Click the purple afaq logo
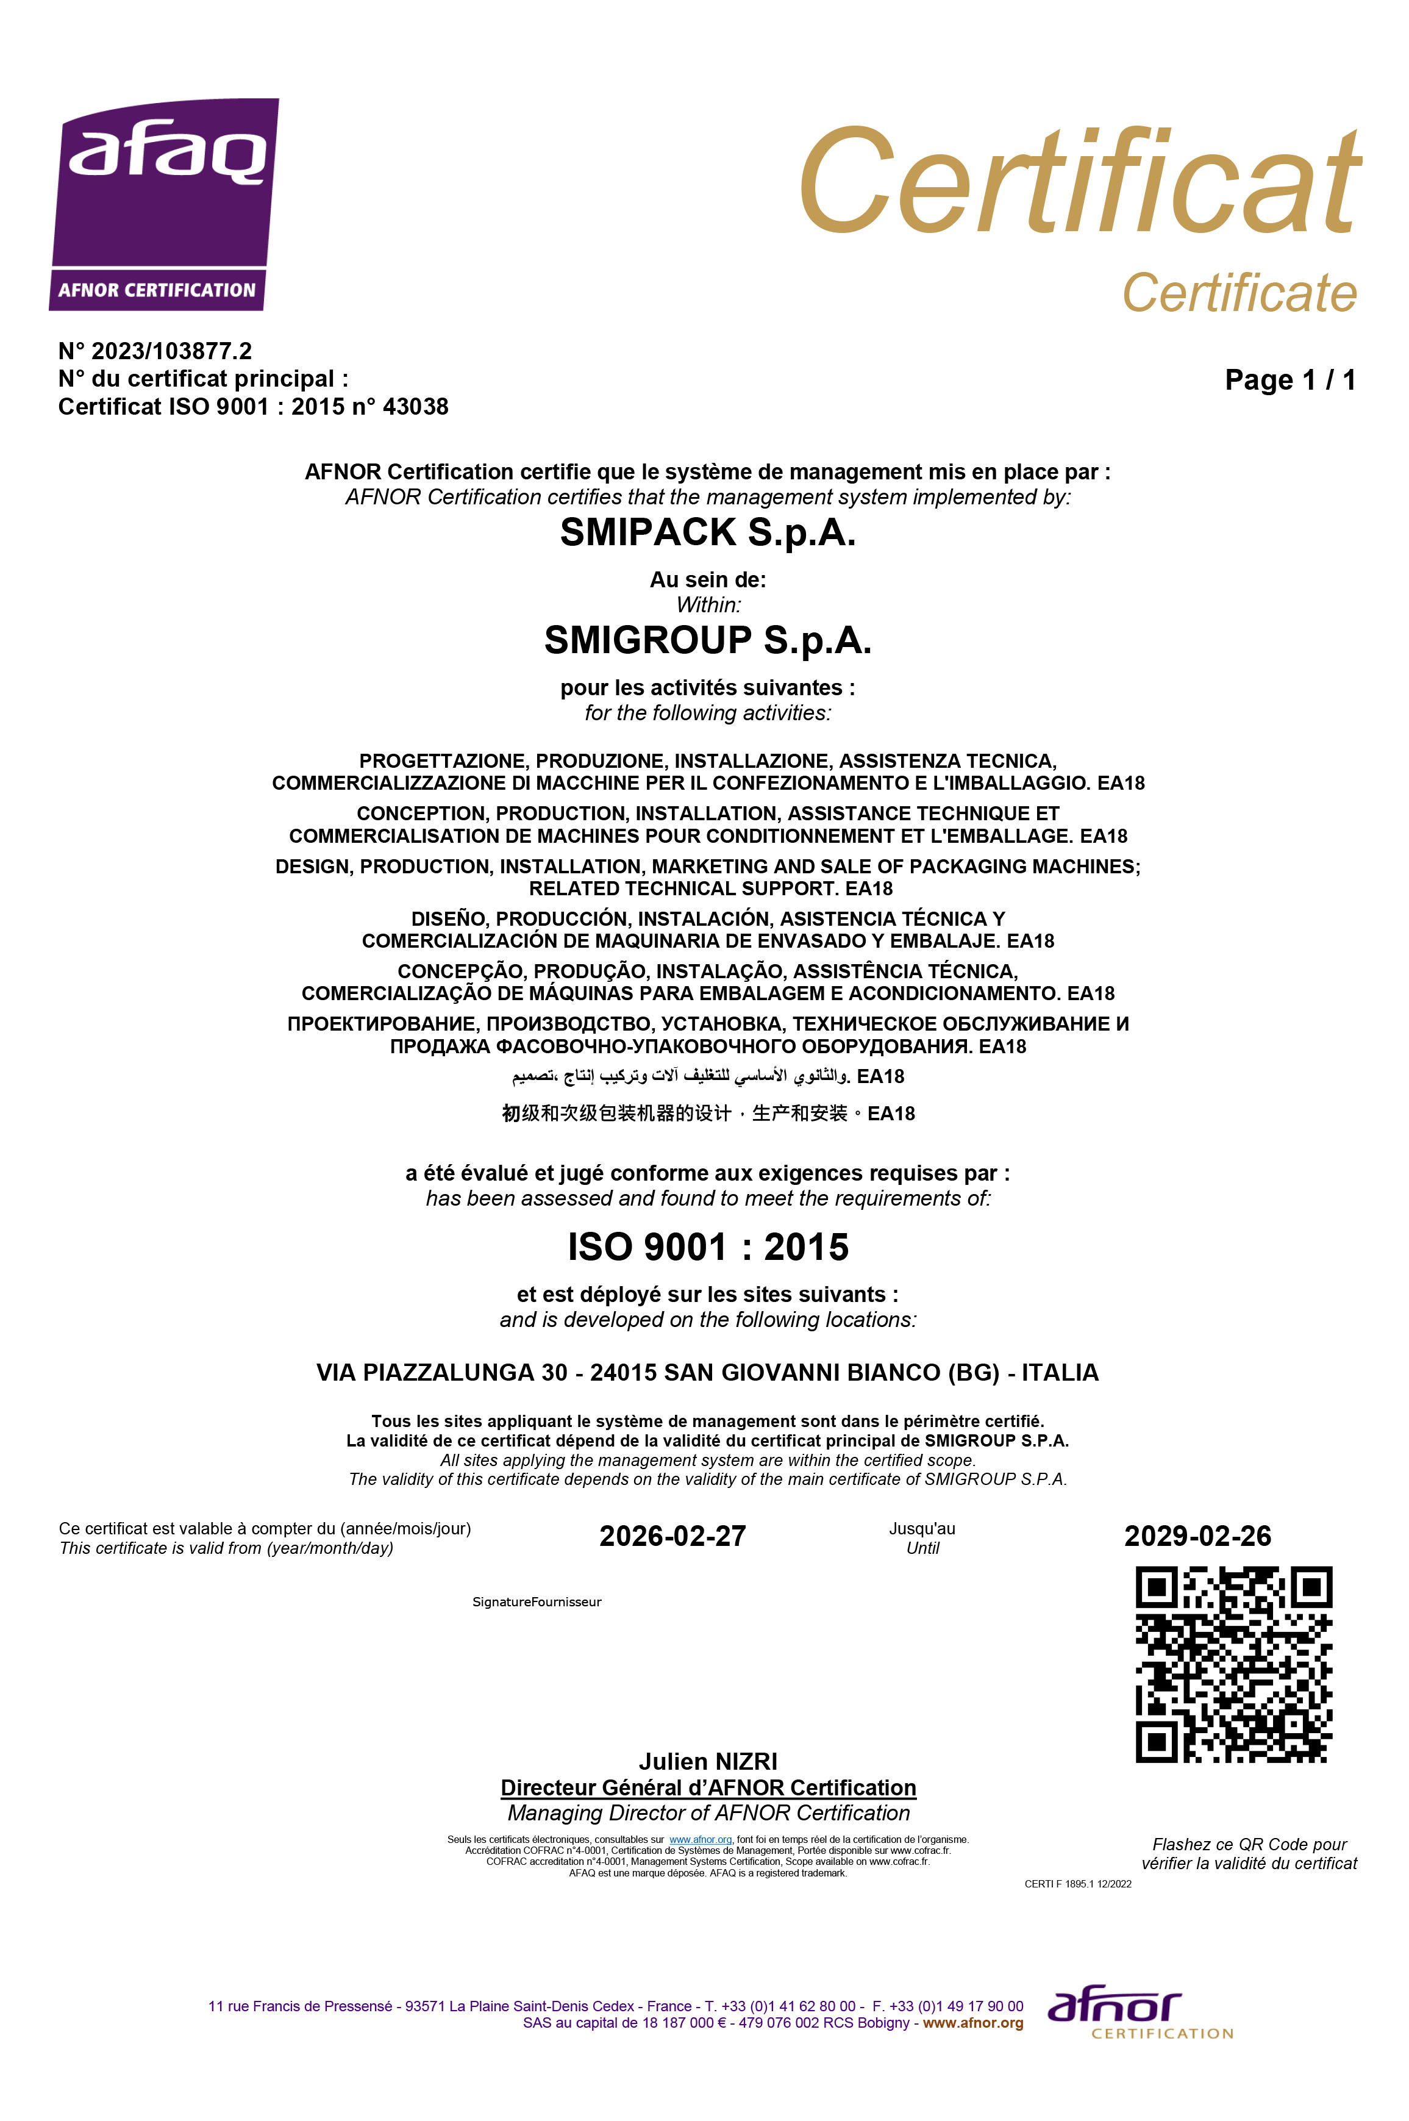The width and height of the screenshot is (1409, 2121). tap(163, 204)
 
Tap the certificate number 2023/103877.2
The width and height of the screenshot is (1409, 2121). tap(171, 351)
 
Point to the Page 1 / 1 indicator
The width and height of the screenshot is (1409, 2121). tap(1290, 379)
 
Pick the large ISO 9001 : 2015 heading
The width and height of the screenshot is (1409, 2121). tap(707, 1248)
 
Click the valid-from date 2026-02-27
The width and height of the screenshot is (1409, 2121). tap(672, 1536)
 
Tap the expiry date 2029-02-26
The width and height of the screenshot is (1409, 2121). tap(1197, 1536)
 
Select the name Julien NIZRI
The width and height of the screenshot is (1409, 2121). tap(707, 1762)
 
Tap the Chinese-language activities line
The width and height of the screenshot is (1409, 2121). tap(707, 1114)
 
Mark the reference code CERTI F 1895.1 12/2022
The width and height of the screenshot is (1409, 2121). tap(1077, 1884)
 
